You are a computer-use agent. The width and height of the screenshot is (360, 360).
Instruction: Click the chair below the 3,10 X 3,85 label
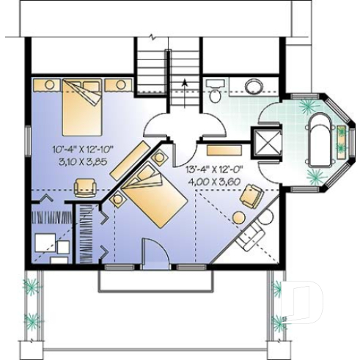pyautogui.click(x=86, y=187)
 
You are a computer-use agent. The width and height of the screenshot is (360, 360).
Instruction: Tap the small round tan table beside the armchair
pyautogui.click(x=239, y=216)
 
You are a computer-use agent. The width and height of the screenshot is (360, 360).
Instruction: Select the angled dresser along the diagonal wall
pyautogui.click(x=128, y=162)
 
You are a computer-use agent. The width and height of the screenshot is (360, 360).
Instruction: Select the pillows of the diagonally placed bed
pyautogui.click(x=144, y=176)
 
